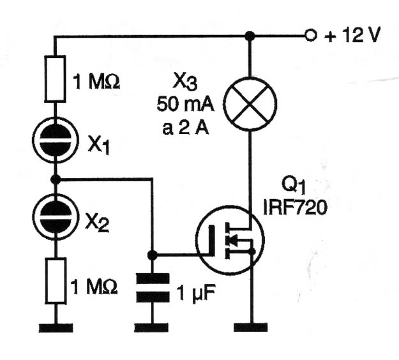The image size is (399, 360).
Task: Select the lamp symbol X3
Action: pos(250,104)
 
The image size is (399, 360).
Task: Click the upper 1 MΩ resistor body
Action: pos(55,79)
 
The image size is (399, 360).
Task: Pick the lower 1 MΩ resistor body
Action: pos(56,281)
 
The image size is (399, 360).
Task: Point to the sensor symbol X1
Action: pos(56,140)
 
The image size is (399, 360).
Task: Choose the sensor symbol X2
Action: pos(56,217)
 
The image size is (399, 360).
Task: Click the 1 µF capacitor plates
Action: pos(153,288)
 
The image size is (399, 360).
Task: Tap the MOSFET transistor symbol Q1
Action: pos(230,241)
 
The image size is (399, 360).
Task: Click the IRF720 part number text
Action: pos(295,207)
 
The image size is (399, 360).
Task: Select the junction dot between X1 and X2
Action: pos(56,179)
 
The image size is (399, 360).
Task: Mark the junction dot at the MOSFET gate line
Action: pos(153,255)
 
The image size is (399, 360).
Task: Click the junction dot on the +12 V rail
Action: pos(250,36)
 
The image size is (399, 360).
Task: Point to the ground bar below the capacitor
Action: pos(151,327)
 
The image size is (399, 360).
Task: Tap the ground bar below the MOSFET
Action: pos(251,327)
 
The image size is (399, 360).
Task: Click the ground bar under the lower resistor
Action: pos(56,328)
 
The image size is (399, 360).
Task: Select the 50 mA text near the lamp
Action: pos(186,105)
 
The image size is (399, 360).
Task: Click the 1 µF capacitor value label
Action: pos(196,293)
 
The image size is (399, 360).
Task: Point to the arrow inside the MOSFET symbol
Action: pos(234,241)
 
